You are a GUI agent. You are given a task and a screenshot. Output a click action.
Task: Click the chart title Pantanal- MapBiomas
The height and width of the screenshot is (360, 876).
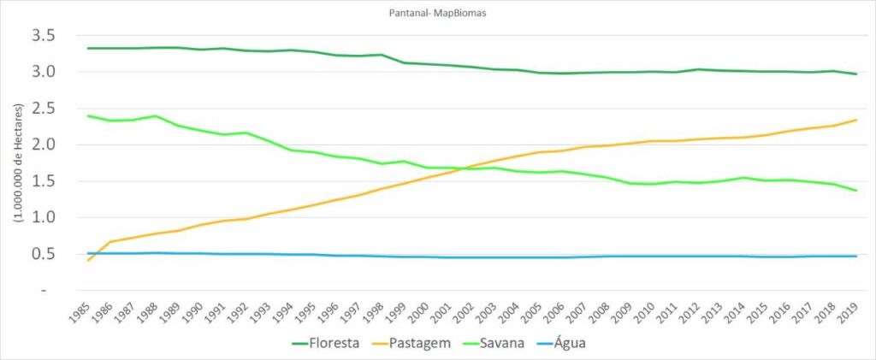tap(438, 13)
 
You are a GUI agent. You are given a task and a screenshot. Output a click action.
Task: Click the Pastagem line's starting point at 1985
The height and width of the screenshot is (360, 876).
tap(89, 259)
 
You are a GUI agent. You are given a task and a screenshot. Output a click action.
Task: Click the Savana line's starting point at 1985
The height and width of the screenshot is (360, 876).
tap(89, 115)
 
